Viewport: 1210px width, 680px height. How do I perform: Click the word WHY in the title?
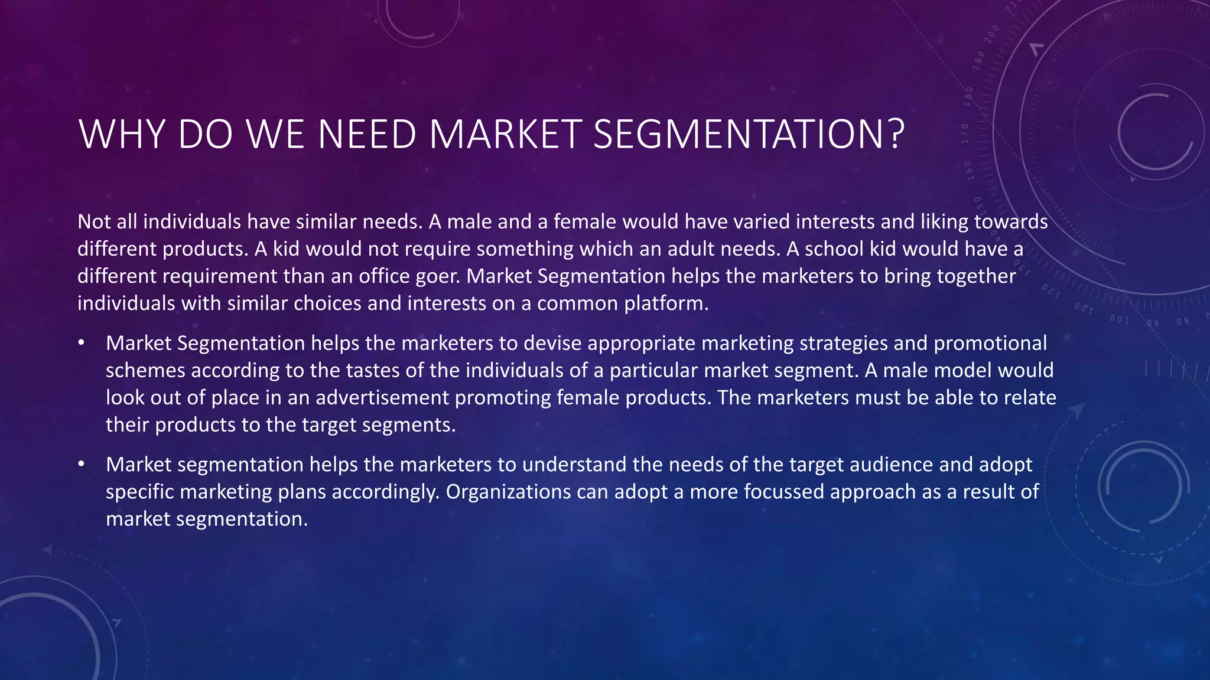point(122,135)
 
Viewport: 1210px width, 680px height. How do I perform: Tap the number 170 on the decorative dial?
point(965,134)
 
